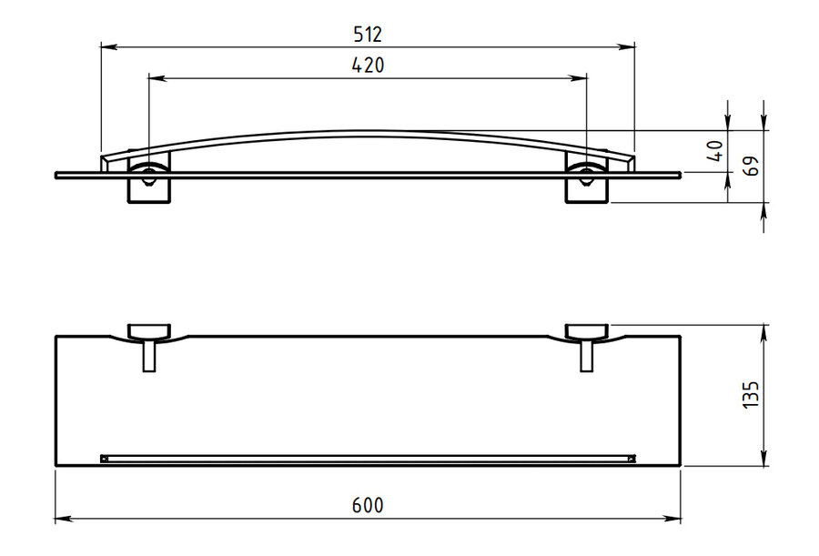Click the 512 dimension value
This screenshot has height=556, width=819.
coord(368,35)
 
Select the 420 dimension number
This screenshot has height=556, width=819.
coord(368,66)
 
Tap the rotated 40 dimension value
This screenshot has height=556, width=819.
coord(717,151)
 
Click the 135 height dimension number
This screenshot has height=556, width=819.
coord(750,395)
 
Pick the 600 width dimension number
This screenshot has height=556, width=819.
coord(368,505)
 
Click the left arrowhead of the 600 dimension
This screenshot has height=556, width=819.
coord(63,519)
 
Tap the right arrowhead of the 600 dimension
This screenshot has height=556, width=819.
coord(672,519)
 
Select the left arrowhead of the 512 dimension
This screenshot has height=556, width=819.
coord(108,47)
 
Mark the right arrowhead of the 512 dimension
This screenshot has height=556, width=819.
coord(627,47)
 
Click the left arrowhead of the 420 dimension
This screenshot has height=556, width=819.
coord(157,78)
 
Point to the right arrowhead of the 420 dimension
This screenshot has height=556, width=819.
coord(579,78)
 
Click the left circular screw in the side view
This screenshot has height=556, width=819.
coord(149,176)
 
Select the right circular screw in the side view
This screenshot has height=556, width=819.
coord(587,176)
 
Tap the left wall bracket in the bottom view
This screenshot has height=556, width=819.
coord(149,332)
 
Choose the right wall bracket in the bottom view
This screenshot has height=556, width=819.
coord(587,332)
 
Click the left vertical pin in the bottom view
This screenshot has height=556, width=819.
coord(149,356)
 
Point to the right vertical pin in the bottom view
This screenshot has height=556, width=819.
coord(587,356)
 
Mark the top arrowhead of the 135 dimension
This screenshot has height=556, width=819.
coord(763,332)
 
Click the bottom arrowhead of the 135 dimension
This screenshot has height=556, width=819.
coord(763,457)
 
